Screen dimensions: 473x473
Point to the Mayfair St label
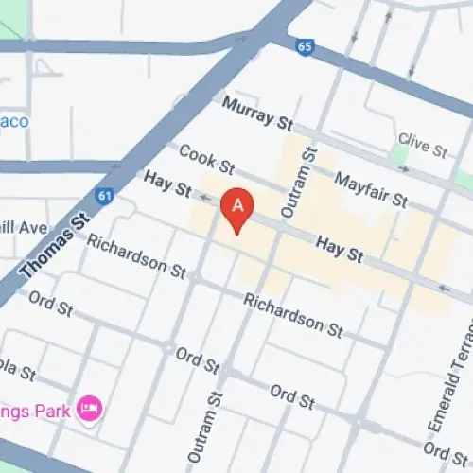(370, 189)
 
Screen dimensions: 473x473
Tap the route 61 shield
(102, 197)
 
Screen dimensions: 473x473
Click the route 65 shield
(304, 45)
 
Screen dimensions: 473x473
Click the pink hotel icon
(92, 409)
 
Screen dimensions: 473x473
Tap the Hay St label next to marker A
(166, 183)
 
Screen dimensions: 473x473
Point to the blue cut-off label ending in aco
(14, 121)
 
